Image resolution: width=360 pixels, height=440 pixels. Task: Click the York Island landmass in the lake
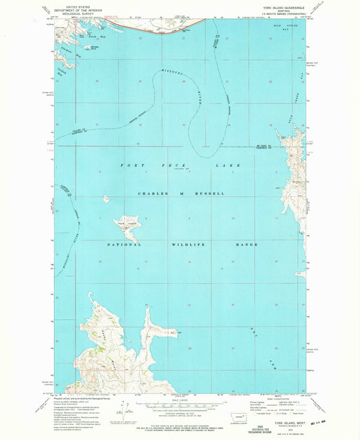129,226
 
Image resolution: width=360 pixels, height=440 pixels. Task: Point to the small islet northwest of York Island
106,199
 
